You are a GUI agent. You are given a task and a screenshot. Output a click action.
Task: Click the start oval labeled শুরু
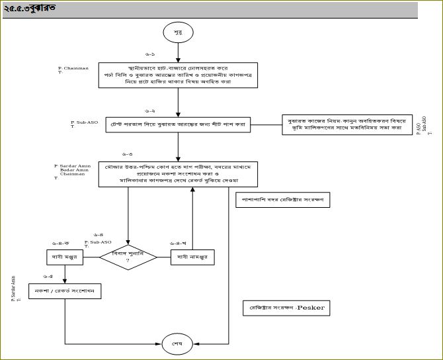click(x=179, y=32)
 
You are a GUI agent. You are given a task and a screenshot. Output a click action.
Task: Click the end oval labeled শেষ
click(x=178, y=344)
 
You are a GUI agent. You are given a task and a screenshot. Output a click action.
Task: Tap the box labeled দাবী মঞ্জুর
click(x=65, y=257)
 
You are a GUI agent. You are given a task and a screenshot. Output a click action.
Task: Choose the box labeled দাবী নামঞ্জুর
click(x=193, y=257)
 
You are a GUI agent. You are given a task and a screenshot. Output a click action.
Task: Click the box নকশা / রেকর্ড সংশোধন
click(x=65, y=291)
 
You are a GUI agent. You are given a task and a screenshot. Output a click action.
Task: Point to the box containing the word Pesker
click(x=286, y=308)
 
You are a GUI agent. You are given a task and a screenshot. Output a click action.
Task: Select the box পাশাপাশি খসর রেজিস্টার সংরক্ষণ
click(x=283, y=199)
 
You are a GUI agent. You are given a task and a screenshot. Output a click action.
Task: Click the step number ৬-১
click(x=149, y=53)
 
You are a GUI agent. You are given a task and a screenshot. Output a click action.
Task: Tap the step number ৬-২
click(x=149, y=111)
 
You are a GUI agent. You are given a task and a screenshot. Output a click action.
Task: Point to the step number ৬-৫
click(x=48, y=276)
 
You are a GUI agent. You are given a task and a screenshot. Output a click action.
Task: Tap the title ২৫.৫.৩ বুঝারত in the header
click(x=30, y=9)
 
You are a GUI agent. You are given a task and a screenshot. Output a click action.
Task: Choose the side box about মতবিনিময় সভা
click(x=344, y=124)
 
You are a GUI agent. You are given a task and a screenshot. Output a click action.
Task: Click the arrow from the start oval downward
click(x=179, y=52)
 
